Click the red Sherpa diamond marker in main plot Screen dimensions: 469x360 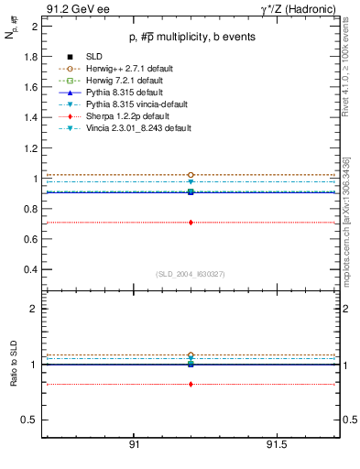point(191,223)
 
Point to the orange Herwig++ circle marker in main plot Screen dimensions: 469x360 point(191,174)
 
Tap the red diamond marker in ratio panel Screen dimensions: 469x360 point(191,384)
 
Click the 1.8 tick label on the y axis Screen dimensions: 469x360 point(30,57)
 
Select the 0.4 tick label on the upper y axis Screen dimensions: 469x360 point(30,270)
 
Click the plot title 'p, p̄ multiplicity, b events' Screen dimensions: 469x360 point(190,37)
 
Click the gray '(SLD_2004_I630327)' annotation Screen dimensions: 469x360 point(190,274)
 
